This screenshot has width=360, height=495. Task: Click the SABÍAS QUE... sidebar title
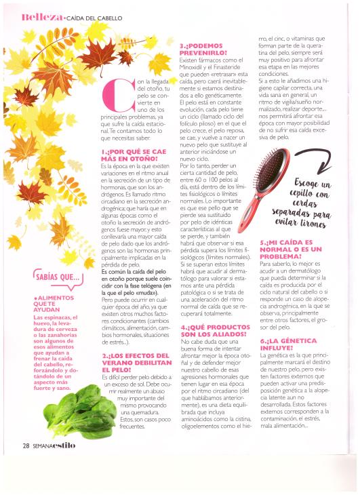53,278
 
